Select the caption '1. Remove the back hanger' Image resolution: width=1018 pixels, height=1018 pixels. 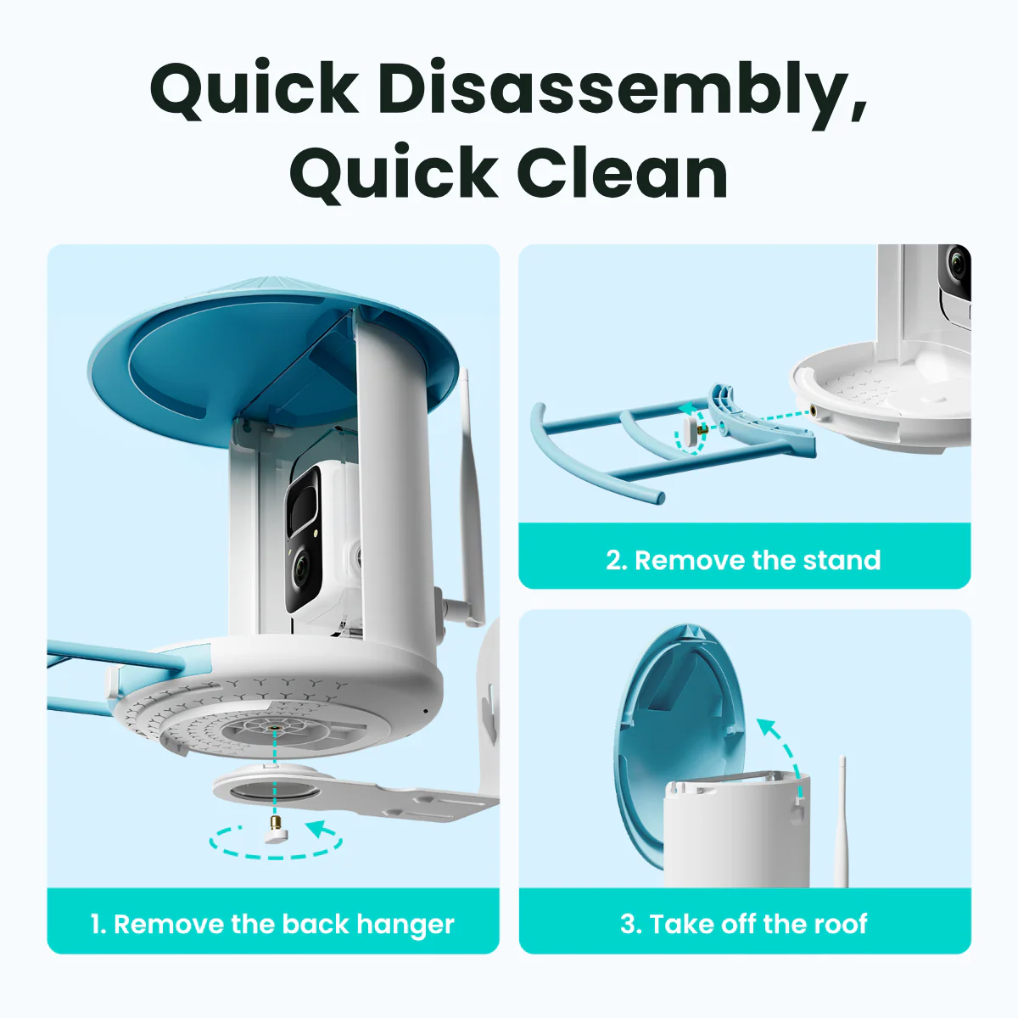pos(272,924)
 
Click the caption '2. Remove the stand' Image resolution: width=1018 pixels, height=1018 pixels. pos(743,560)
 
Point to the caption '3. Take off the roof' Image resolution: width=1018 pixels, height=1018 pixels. pos(743,924)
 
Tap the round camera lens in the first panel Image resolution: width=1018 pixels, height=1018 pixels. pos(300,570)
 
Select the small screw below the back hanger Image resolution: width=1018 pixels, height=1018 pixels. pos(275,828)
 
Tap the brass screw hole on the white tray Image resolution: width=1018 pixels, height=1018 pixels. pos(816,411)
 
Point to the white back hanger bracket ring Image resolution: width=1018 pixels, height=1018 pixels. pos(271,787)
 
